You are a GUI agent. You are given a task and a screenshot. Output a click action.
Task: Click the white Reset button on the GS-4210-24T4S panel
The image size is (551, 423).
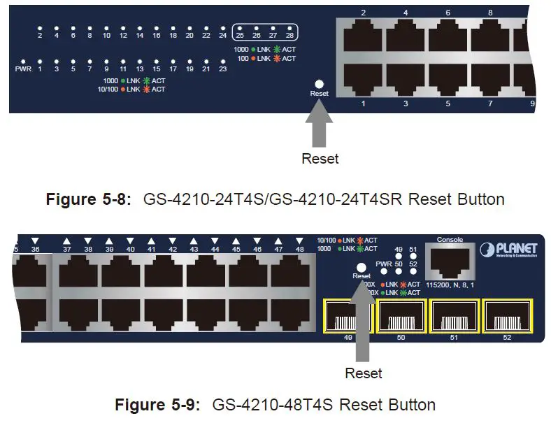pyautogui.click(x=319, y=83)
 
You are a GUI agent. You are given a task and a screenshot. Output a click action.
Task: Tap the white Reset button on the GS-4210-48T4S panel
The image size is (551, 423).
pyautogui.click(x=362, y=266)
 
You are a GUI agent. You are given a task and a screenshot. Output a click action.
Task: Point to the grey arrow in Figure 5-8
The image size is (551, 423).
pyautogui.click(x=319, y=124)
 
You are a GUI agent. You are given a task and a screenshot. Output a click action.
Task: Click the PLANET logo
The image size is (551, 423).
pyautogui.click(x=508, y=250)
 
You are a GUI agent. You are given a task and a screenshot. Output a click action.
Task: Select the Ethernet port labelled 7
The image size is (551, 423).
pyautogui.click(x=490, y=78)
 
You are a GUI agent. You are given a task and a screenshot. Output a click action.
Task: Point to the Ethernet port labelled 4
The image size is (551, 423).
pyautogui.click(x=406, y=35)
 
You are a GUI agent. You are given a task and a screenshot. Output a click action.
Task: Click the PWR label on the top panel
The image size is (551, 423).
pyautogui.click(x=23, y=69)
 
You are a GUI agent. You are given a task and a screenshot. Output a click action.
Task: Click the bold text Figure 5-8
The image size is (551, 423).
pyautogui.click(x=89, y=199)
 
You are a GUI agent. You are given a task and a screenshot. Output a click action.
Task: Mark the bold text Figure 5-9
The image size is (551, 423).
pyautogui.click(x=158, y=405)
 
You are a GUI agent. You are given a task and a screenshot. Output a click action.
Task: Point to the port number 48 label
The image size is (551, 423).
pyautogui.click(x=299, y=250)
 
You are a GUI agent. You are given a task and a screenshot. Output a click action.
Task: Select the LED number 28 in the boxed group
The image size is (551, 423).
pyautogui.click(x=290, y=35)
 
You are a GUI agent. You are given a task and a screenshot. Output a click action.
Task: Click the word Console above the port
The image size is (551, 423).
pyautogui.click(x=450, y=240)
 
